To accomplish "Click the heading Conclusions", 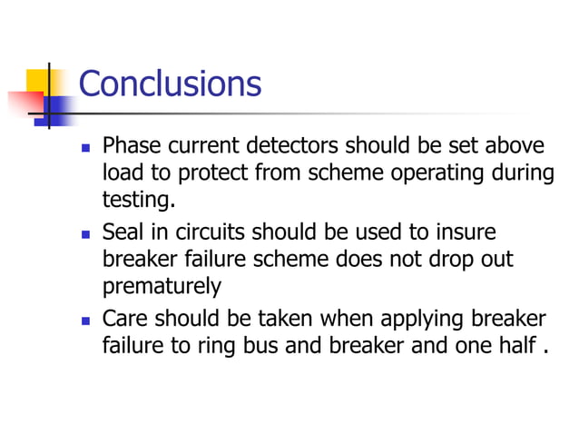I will point(170,84).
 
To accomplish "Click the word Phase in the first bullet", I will point(130,146).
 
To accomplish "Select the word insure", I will point(466,232).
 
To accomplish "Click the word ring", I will point(213,346).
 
